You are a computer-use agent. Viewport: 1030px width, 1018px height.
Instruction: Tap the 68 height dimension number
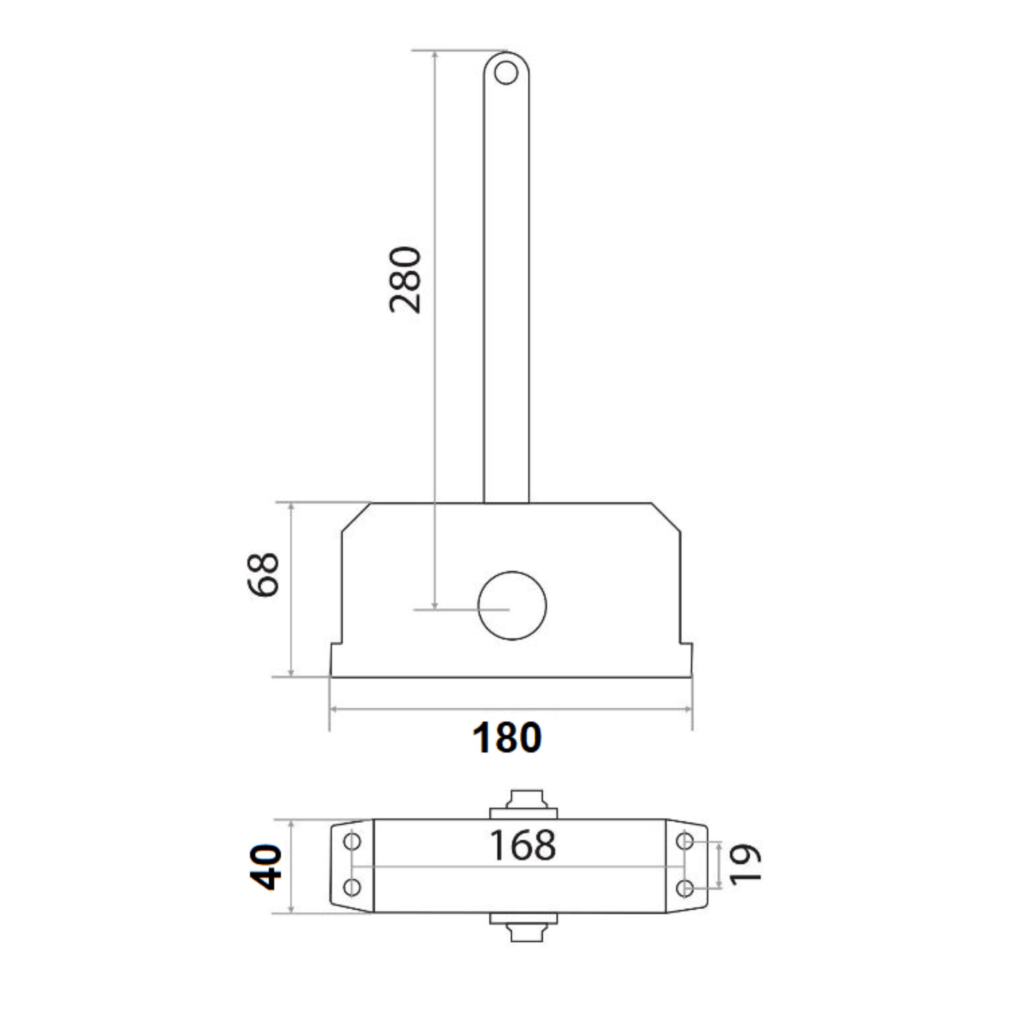[x=263, y=574]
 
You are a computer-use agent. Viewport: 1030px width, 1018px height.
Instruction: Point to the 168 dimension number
[x=522, y=844]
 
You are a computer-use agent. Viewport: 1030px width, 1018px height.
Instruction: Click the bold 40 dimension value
[x=265, y=867]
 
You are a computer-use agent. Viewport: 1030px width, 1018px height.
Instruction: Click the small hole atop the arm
[x=506, y=73]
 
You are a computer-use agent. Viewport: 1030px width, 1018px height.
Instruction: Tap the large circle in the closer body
[x=512, y=605]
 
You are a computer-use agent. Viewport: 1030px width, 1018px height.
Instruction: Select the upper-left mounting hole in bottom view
[x=352, y=841]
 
